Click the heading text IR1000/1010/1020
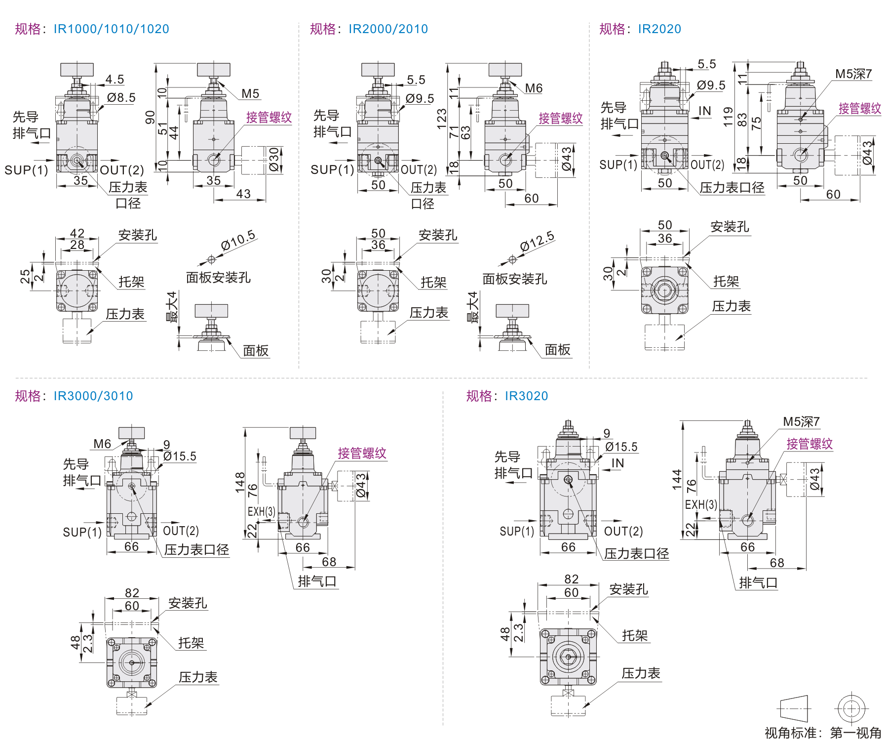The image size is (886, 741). point(111,29)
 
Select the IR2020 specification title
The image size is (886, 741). point(659,29)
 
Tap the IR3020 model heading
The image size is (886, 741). point(526,396)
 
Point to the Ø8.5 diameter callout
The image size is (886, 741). point(121,98)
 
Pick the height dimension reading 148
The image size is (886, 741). point(240,482)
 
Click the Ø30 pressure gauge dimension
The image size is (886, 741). point(274,160)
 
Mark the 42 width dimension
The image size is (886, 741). point(77,233)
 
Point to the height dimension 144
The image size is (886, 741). point(677,479)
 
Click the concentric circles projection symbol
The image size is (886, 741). point(851,709)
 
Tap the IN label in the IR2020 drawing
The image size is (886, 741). point(705,111)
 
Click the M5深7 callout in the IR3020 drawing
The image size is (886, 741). point(801,422)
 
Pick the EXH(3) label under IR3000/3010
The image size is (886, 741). point(262,512)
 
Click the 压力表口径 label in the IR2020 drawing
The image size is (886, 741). point(732,188)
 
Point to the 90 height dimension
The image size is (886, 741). point(150,118)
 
